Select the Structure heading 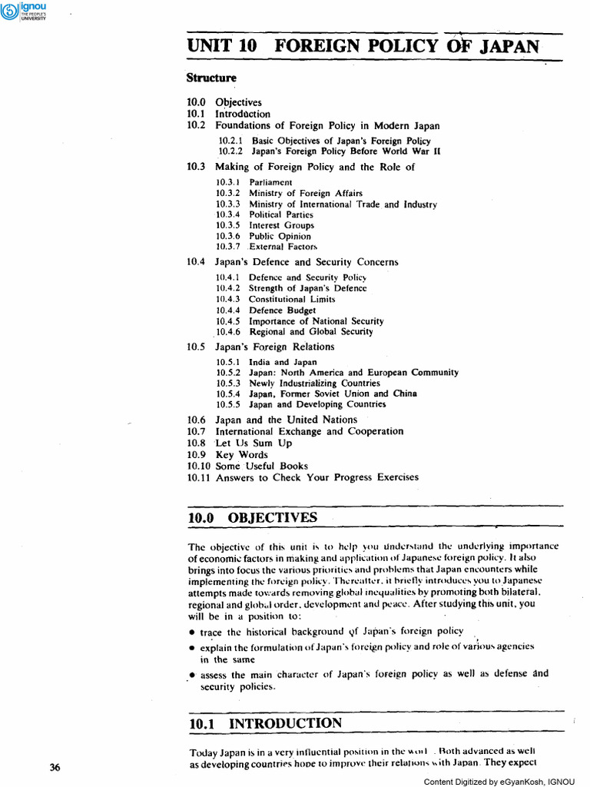(x=212, y=78)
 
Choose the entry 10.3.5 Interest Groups (x=265, y=225)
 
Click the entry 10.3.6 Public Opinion (x=265, y=236)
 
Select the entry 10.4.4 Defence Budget (x=266, y=310)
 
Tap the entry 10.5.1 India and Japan (x=266, y=361)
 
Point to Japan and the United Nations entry (x=286, y=420)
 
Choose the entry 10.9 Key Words (x=230, y=454)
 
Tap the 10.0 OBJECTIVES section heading (x=252, y=517)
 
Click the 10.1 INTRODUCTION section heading (x=265, y=723)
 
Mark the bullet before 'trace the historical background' (x=191, y=633)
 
